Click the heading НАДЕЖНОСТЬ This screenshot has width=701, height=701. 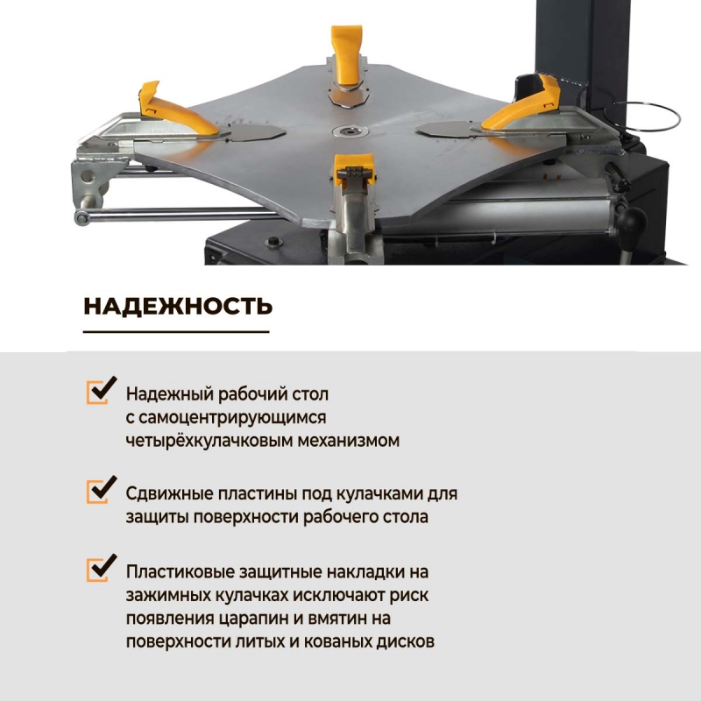tap(178, 306)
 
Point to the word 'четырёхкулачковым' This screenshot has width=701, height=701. tap(209, 441)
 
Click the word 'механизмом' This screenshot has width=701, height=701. tap(348, 441)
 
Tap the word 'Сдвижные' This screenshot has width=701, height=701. tap(169, 494)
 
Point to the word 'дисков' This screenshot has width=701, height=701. tap(405, 642)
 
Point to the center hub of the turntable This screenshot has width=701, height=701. tap(350, 131)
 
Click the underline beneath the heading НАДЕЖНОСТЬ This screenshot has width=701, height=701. tap(176, 332)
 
